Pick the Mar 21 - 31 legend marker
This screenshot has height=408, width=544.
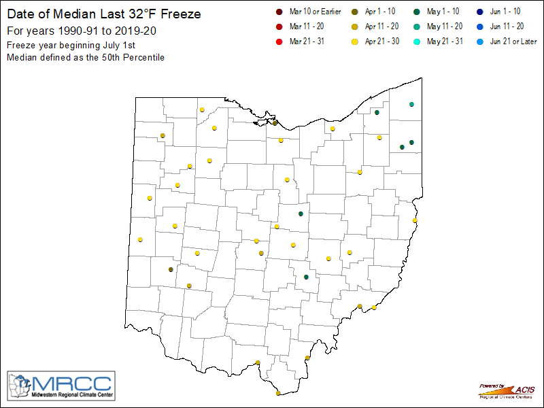click(x=279, y=42)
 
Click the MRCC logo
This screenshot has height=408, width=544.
click(x=61, y=386)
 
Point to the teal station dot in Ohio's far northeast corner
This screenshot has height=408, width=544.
click(x=411, y=104)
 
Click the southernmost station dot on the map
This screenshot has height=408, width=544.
click(x=278, y=393)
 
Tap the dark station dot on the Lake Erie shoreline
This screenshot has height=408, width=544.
click(x=275, y=123)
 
